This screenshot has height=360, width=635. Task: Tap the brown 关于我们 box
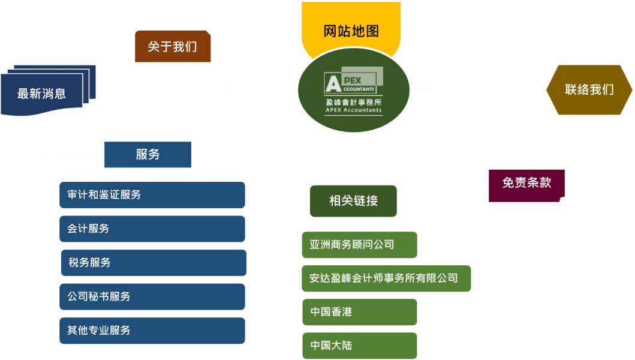pyautogui.click(x=173, y=46)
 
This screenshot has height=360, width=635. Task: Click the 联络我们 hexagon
pyautogui.click(x=589, y=89)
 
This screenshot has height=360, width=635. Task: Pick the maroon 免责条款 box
pyautogui.click(x=526, y=185)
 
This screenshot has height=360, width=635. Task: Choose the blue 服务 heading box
pyautogui.click(x=148, y=154)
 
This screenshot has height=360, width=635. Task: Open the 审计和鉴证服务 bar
pyautogui.click(x=152, y=195)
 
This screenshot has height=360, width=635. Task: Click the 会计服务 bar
pyautogui.click(x=152, y=229)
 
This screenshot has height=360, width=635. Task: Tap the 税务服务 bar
pyautogui.click(x=154, y=263)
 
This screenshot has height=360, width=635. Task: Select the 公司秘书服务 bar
pyautogui.click(x=152, y=297)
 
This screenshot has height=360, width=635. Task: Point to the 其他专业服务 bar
pyautogui.click(x=152, y=331)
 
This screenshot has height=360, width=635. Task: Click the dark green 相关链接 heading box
pyautogui.click(x=353, y=201)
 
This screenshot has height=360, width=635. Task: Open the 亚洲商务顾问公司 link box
pyautogui.click(x=360, y=245)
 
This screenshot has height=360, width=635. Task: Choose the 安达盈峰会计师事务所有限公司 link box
pyautogui.click(x=386, y=278)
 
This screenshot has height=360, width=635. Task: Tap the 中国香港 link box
pyautogui.click(x=360, y=312)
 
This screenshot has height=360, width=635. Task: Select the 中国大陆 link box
pyautogui.click(x=360, y=346)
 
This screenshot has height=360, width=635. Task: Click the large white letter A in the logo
pyautogui.click(x=333, y=83)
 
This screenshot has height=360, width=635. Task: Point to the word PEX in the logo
pyautogui.click(x=353, y=80)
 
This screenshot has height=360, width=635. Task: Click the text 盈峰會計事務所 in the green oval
pyautogui.click(x=354, y=102)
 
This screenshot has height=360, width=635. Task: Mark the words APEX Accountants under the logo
pyautogui.click(x=354, y=110)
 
